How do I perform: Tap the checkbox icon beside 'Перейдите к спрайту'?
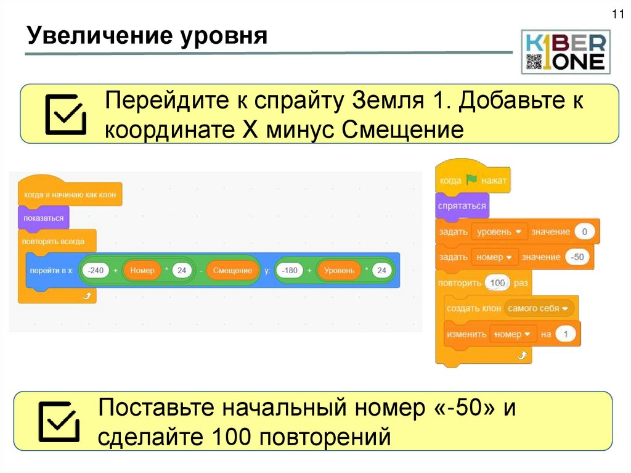coord(65,115)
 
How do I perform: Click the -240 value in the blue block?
coord(96,270)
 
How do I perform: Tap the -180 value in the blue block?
coord(289,270)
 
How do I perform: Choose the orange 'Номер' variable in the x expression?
coord(142,270)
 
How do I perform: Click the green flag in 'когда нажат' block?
coord(471,181)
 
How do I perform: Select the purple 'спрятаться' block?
coord(462,206)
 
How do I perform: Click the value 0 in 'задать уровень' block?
coord(584,232)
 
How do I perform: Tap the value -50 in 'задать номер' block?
coord(577,257)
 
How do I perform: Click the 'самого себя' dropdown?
coord(539,308)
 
